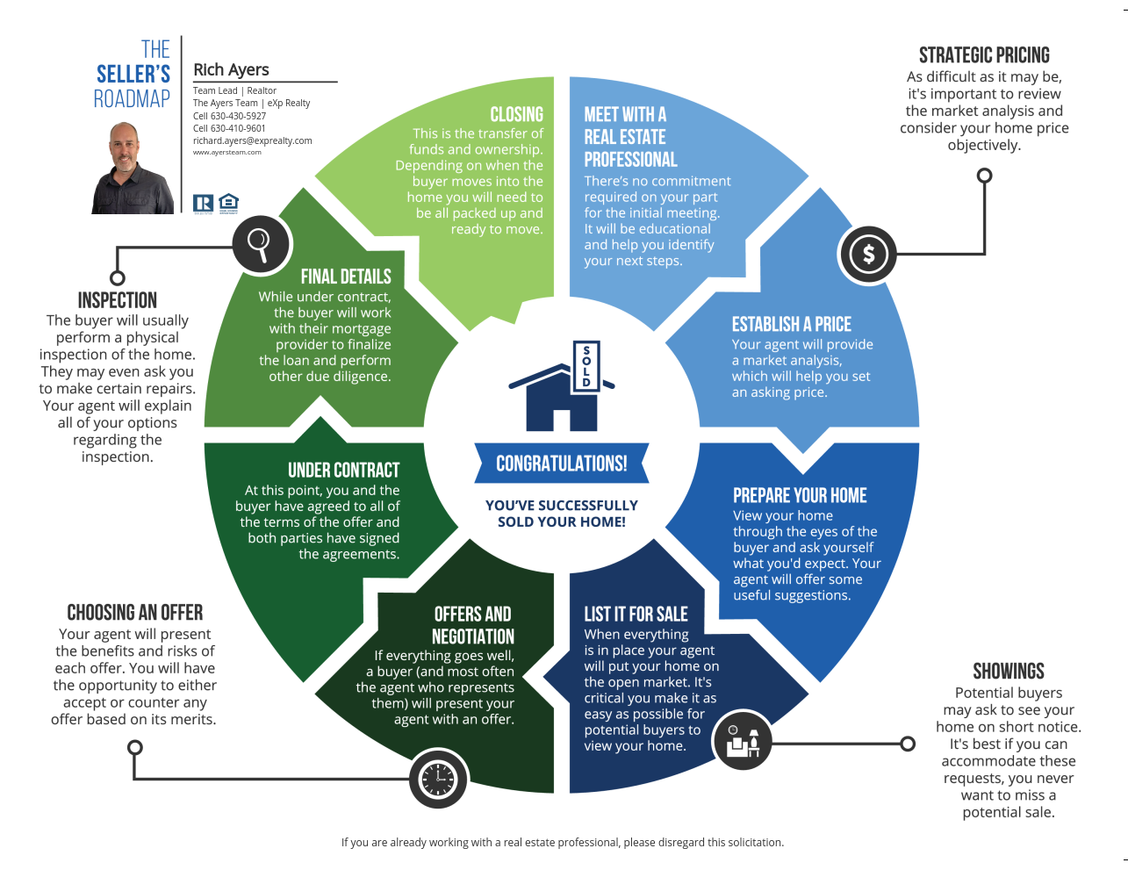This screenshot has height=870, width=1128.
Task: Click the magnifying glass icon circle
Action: tap(261, 245)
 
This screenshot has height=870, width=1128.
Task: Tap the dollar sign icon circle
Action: tap(868, 255)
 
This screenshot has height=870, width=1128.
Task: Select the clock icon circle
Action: tap(438, 779)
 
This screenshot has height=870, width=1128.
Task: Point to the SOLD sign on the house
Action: tap(586, 366)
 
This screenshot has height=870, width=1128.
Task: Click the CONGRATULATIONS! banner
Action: tap(562, 463)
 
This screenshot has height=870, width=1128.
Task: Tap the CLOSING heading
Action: tap(516, 114)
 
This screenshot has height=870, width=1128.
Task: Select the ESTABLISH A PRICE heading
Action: tap(791, 325)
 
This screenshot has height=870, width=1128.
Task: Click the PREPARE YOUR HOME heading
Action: tap(800, 495)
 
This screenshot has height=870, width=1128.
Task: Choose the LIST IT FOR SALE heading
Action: tap(636, 614)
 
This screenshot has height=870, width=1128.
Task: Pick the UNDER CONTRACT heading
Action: tap(343, 471)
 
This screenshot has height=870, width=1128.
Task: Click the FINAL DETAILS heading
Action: tap(346, 277)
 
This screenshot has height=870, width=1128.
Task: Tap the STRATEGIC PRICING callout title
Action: tap(984, 55)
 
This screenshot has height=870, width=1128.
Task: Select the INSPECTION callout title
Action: tap(118, 300)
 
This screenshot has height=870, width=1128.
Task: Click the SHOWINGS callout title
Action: tap(1008, 672)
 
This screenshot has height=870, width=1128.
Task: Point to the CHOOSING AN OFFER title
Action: tap(135, 613)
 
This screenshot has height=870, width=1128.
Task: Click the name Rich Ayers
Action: tap(231, 69)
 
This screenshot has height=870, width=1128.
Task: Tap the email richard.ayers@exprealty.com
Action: tap(252, 140)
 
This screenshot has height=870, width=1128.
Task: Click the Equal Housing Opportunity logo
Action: tap(228, 204)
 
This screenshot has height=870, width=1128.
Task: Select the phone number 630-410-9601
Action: tap(238, 128)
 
